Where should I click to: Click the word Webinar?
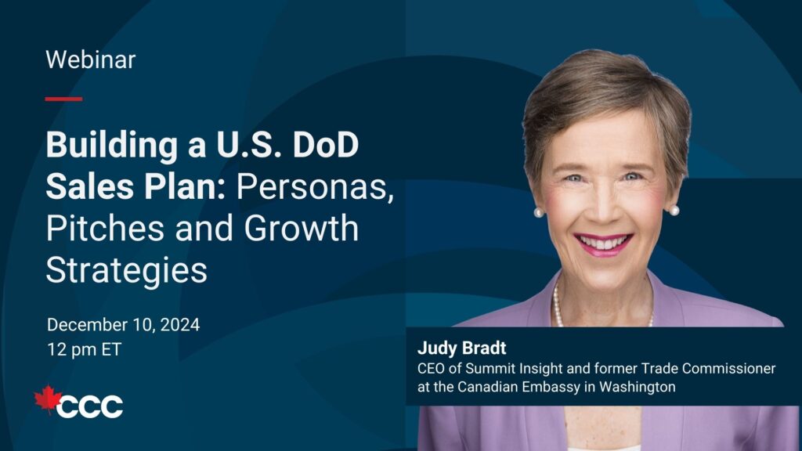pos(91,60)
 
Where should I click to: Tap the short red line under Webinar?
pos(63,99)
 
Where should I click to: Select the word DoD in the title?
pos(325,145)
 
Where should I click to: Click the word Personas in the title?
pos(315,187)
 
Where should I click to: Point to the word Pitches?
pos(105,228)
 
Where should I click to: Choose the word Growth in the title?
pos(302,228)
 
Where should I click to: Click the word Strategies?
pos(126,271)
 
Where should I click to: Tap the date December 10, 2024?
pos(123,325)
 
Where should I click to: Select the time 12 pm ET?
pos(85,350)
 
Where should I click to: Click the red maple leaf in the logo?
pos(48,399)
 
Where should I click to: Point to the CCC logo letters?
pos(89,406)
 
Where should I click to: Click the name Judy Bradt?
pos(461,348)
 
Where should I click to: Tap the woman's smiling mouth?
pos(604,244)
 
